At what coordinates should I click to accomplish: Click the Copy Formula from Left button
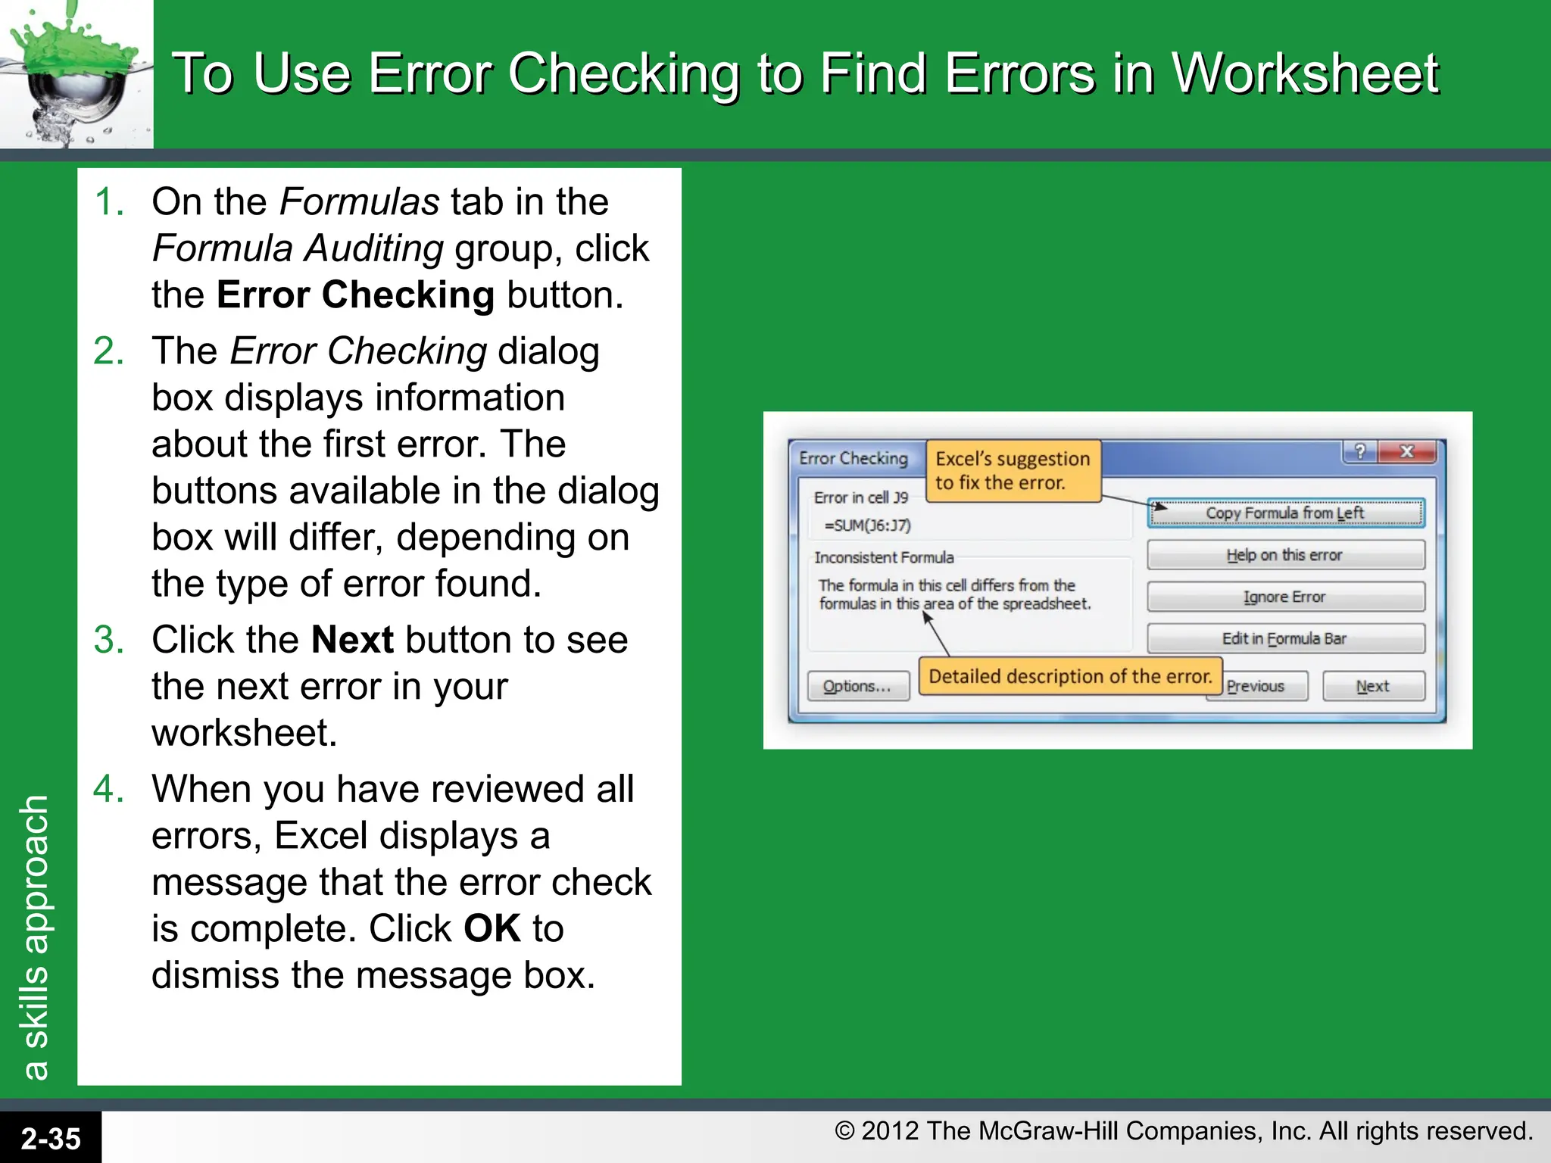point(1285,513)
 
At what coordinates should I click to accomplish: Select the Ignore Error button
point(1285,597)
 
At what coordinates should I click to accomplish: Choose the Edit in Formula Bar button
point(1285,638)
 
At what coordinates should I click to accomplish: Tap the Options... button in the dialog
point(857,686)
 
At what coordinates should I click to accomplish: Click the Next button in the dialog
point(1373,686)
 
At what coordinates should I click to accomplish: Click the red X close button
point(1407,452)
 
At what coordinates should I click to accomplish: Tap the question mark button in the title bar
point(1360,452)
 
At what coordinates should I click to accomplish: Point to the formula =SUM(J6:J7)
point(867,525)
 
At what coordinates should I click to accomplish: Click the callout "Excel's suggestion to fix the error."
point(1013,470)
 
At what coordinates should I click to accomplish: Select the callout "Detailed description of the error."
point(1070,676)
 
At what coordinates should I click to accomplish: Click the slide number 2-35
point(50,1138)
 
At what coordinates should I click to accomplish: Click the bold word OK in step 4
point(492,928)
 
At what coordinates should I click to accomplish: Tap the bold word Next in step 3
point(352,640)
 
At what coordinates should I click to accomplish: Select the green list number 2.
point(109,351)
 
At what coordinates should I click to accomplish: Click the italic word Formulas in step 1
point(359,202)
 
